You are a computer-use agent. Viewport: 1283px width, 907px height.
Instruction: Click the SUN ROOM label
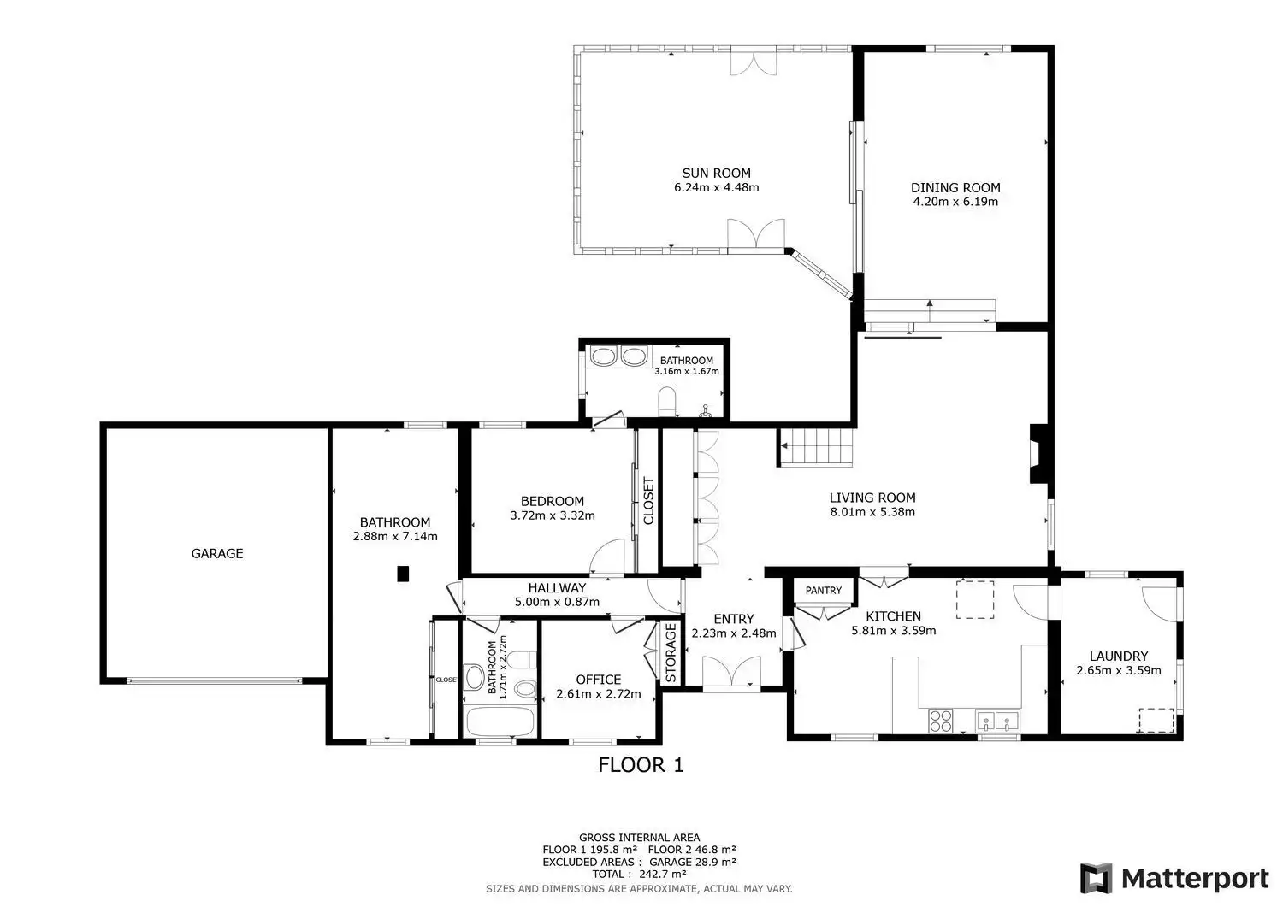pyautogui.click(x=716, y=173)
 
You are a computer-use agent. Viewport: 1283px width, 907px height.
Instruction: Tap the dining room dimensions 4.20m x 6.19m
pyautogui.click(x=955, y=202)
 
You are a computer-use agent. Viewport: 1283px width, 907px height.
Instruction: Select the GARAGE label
pyautogui.click(x=217, y=553)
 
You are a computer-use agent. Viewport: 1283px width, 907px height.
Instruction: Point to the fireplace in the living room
pyautogui.click(x=1038, y=453)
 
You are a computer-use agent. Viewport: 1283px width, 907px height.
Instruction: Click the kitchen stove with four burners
pyautogui.click(x=940, y=721)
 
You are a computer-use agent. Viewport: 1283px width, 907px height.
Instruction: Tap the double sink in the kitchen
pyautogui.click(x=997, y=721)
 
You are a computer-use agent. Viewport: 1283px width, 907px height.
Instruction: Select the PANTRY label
pyautogui.click(x=824, y=591)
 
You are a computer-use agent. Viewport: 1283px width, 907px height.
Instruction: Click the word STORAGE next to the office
pyautogui.click(x=671, y=653)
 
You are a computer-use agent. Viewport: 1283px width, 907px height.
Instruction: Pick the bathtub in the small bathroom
pyautogui.click(x=500, y=721)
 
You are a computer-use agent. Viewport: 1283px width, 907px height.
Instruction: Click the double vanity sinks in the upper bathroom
pyautogui.click(x=618, y=356)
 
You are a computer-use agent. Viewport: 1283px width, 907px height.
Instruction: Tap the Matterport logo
pyautogui.click(x=1174, y=879)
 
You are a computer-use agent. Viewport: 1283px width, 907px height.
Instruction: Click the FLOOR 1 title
pyautogui.click(x=641, y=765)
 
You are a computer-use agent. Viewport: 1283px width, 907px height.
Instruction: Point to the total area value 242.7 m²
pyautogui.click(x=663, y=874)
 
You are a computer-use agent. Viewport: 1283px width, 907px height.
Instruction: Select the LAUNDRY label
pyautogui.click(x=1119, y=657)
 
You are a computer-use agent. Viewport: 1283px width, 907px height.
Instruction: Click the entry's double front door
pyautogui.click(x=731, y=671)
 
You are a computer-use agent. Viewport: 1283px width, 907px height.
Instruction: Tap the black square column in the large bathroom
pyautogui.click(x=403, y=574)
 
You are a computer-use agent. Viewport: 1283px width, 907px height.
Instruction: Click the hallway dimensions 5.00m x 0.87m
pyautogui.click(x=557, y=602)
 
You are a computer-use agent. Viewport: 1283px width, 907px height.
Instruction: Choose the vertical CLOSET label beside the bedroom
pyautogui.click(x=648, y=501)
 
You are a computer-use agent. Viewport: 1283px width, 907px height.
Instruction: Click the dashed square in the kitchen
pyautogui.click(x=974, y=599)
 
